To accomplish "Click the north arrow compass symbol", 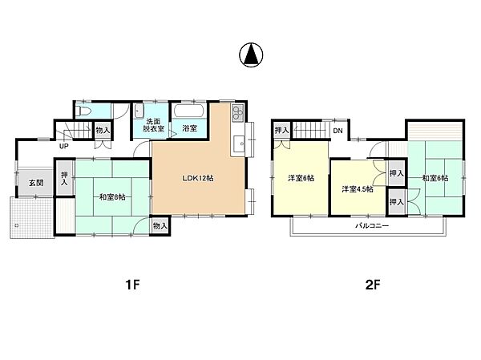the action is [251, 55].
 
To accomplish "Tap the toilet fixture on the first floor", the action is [83, 111].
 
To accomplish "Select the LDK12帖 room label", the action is [198, 178].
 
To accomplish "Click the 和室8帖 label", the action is [112, 197].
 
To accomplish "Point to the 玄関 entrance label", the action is [36, 183].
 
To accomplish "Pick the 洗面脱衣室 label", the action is [153, 125].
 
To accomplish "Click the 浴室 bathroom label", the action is [189, 128].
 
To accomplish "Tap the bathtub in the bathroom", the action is [188, 111].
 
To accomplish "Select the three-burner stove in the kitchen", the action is [238, 113].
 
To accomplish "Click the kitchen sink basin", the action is [239, 144].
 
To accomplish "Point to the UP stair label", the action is [64, 147].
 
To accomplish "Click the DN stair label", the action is [338, 131].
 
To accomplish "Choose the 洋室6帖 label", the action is [301, 178].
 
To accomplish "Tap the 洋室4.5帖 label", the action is [358, 189].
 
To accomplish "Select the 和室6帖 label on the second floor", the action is [435, 178].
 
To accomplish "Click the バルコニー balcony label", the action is [372, 226].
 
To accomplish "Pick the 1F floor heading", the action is [132, 285].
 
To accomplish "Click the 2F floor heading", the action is [373, 285].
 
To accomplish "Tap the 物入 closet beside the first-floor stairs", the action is [103, 130].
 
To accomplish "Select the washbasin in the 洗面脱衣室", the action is [139, 111].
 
